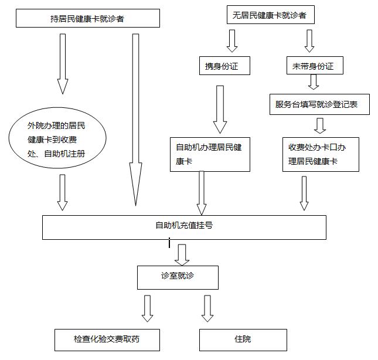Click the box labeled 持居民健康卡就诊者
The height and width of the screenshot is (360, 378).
point(87,19)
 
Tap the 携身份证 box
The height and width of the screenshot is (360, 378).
point(220,67)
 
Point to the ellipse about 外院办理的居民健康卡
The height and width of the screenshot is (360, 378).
point(57,140)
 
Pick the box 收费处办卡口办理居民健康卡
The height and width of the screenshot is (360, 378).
point(320,154)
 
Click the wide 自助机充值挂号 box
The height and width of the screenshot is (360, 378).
point(184,227)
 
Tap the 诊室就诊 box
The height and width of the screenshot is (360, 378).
point(178,277)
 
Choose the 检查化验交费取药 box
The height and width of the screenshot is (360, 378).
point(107,339)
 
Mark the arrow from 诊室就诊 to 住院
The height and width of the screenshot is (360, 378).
point(207,308)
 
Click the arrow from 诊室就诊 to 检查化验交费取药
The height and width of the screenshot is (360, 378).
point(147,308)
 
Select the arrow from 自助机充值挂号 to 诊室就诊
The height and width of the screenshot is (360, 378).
point(182,253)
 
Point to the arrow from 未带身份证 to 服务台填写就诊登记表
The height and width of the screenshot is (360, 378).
point(314,82)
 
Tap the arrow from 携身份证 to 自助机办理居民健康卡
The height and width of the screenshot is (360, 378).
point(220,109)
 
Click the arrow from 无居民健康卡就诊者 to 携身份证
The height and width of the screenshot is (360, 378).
point(232,40)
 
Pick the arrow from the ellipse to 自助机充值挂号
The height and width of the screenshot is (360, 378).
point(63,192)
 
